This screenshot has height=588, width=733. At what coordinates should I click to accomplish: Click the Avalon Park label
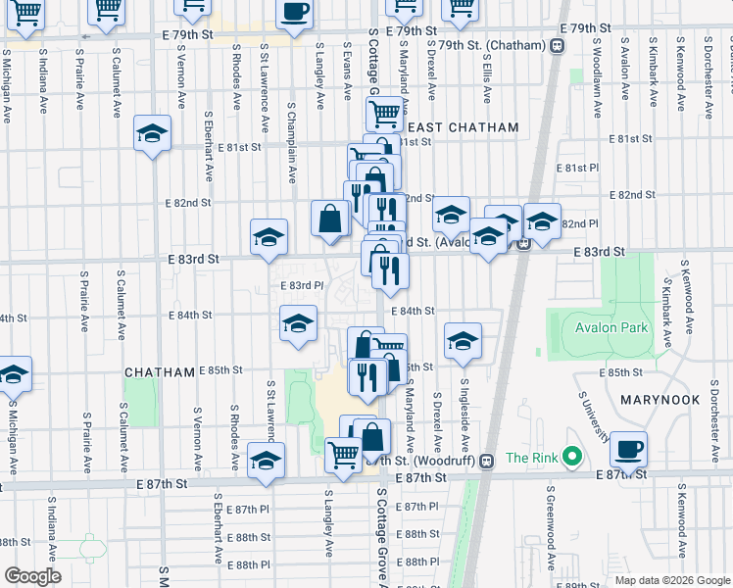(x=612, y=328)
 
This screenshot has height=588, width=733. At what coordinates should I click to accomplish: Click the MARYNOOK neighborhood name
(x=660, y=400)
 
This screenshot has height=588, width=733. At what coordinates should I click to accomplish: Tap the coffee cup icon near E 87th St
(x=628, y=449)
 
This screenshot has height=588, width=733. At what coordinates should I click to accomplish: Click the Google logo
(x=32, y=575)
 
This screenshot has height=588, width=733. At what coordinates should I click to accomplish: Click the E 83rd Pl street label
(x=302, y=285)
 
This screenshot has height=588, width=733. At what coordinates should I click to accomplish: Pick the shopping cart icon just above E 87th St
(x=343, y=454)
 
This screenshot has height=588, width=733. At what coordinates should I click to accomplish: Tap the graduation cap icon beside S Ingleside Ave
(x=463, y=340)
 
